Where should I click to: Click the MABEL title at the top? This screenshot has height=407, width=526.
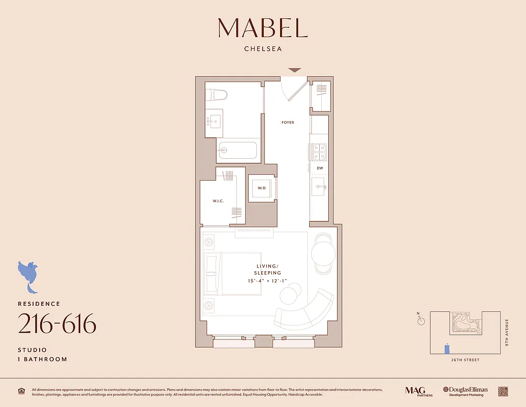point(263,28)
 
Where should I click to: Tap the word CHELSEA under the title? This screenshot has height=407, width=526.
point(263,49)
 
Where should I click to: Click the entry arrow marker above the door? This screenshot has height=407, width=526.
point(294,70)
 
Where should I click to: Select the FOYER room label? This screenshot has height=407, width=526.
point(288,123)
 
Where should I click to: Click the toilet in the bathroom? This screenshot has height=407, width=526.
point(219,95)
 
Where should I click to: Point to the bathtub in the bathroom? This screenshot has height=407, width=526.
point(237,151)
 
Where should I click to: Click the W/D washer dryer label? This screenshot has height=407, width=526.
point(262,188)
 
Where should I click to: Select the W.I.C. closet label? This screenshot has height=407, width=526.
point(219,201)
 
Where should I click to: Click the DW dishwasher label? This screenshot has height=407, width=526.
point(320,168)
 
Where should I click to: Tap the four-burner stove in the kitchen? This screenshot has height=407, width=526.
point(319,152)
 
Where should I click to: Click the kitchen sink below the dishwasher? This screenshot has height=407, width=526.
point(320,187)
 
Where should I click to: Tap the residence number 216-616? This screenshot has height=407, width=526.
point(57,324)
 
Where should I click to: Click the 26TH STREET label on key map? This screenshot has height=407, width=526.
point(465,360)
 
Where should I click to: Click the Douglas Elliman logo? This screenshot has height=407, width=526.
point(465,391)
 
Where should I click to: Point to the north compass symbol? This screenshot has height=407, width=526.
point(420,321)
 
